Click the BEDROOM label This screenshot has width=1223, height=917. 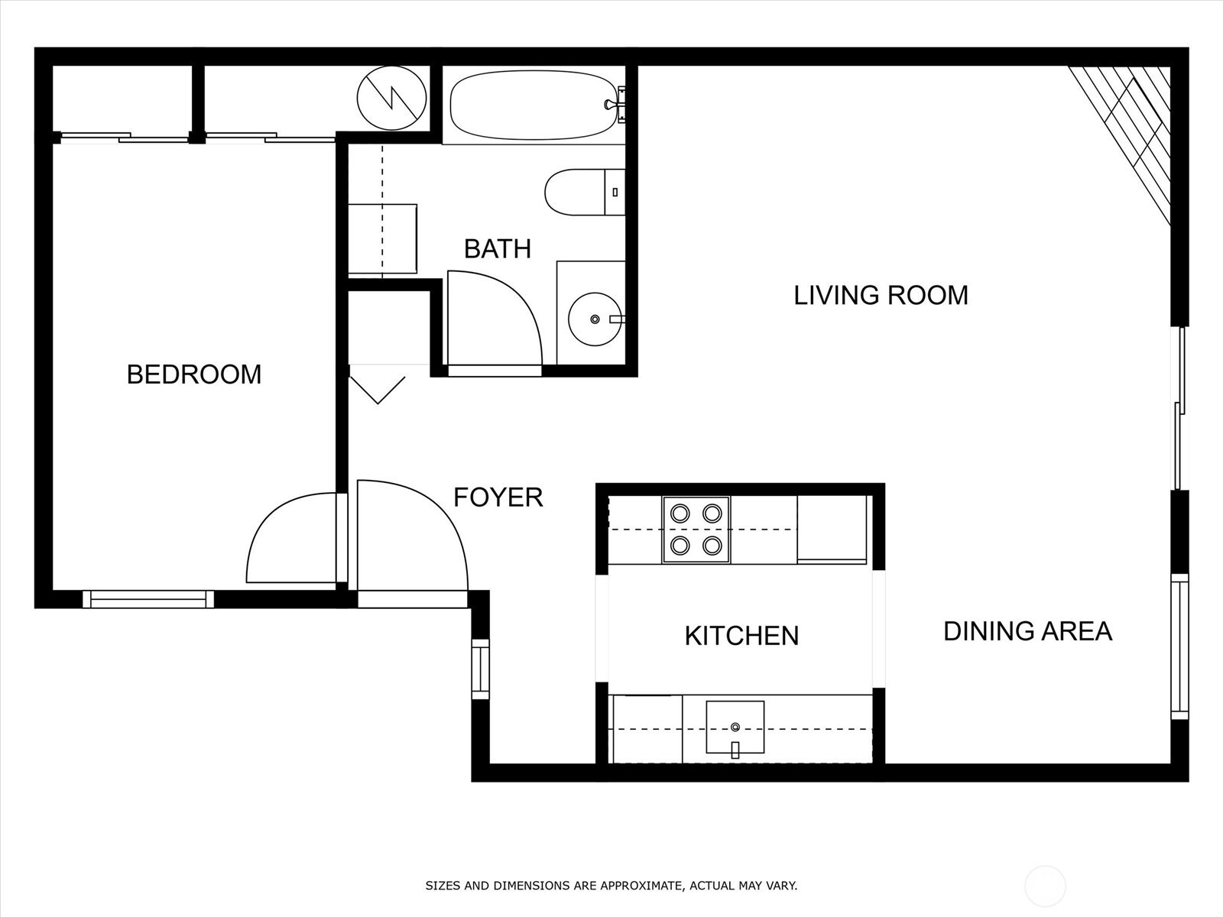coord(194,374)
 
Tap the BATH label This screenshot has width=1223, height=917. coord(498,249)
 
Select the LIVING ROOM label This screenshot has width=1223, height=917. coord(881,295)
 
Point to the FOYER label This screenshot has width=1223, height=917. coord(498,497)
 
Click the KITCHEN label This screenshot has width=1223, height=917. coord(741,636)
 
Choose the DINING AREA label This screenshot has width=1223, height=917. coord(1028,631)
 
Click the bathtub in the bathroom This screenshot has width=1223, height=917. coord(534,105)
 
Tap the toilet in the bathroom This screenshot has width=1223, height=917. coord(585,192)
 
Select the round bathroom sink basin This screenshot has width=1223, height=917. coord(595,319)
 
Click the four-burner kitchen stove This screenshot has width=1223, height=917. coord(696,530)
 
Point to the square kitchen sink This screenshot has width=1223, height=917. coord(735,727)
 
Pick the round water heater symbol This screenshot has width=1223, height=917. coord(391,98)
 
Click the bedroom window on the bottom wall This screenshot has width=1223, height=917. coord(148,599)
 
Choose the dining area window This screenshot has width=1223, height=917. coord(1179,646)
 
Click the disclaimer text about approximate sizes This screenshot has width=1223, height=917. coord(611,885)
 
